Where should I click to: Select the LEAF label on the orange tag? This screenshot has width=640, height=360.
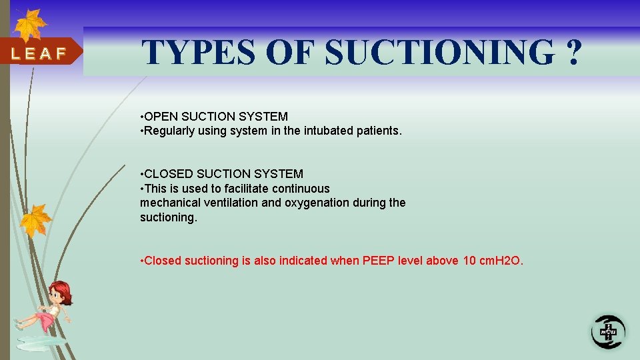pos(38,54)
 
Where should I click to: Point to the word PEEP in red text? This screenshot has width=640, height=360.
pos(379,261)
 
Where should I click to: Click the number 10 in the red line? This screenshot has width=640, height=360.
pos(469,261)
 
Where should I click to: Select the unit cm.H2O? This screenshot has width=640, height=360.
pos(501,261)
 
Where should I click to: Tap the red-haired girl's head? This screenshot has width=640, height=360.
pos(59,291)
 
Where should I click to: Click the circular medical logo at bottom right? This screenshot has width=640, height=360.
pos(608,331)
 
